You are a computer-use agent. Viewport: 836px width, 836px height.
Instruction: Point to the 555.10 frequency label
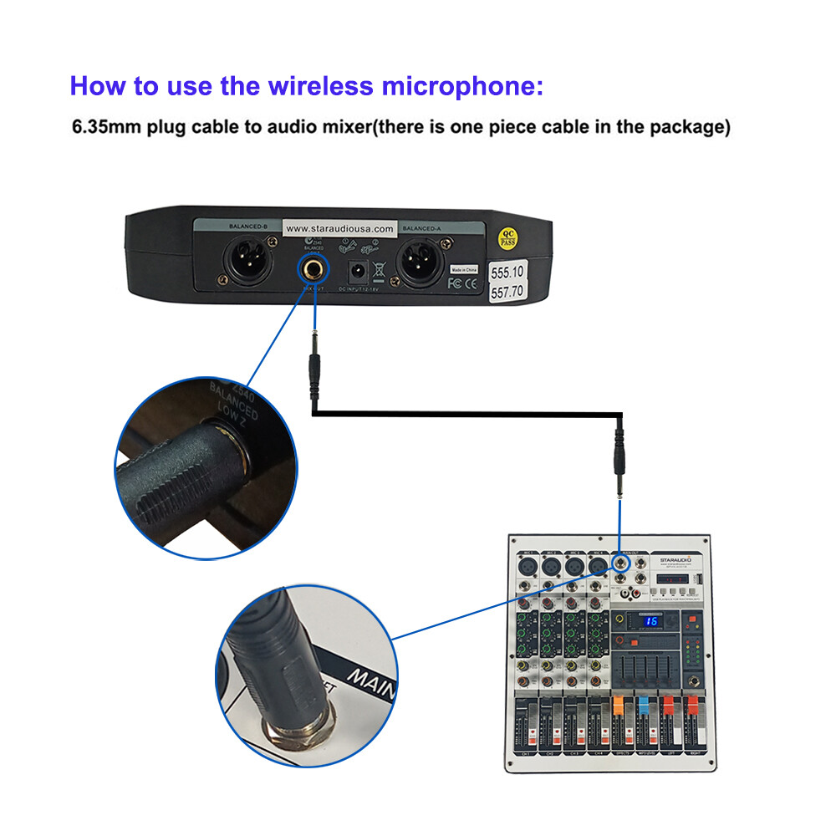pyautogui.click(x=507, y=272)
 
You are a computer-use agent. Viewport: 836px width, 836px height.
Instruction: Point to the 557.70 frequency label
pyautogui.click(x=507, y=293)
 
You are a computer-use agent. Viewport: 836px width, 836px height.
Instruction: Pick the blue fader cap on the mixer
pyautogui.click(x=644, y=706)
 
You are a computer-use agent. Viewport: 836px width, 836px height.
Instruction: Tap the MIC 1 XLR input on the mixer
pyautogui.click(x=528, y=568)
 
